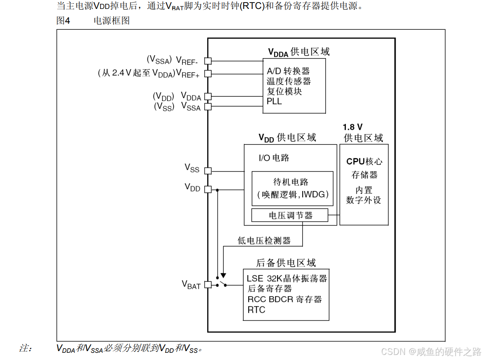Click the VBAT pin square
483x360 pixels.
click(208, 285)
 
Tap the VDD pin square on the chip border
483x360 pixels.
click(208, 189)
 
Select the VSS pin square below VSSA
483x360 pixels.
click(208, 171)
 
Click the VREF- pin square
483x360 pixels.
click(208, 61)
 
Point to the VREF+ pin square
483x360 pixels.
click(208, 74)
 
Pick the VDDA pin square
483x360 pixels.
click(208, 97)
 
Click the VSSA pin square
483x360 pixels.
click(208, 107)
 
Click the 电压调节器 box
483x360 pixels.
click(290, 216)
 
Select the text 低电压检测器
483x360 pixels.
click(264, 241)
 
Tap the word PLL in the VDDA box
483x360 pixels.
click(274, 102)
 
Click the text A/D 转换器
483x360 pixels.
click(288, 71)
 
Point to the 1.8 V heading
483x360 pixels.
click(353, 127)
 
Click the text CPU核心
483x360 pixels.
click(364, 161)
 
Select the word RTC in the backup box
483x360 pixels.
click(256, 310)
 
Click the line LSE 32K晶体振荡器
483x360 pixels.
click(287, 278)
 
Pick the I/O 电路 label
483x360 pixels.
click(274, 158)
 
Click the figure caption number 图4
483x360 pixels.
click(63, 20)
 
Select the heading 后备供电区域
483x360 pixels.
click(286, 263)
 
